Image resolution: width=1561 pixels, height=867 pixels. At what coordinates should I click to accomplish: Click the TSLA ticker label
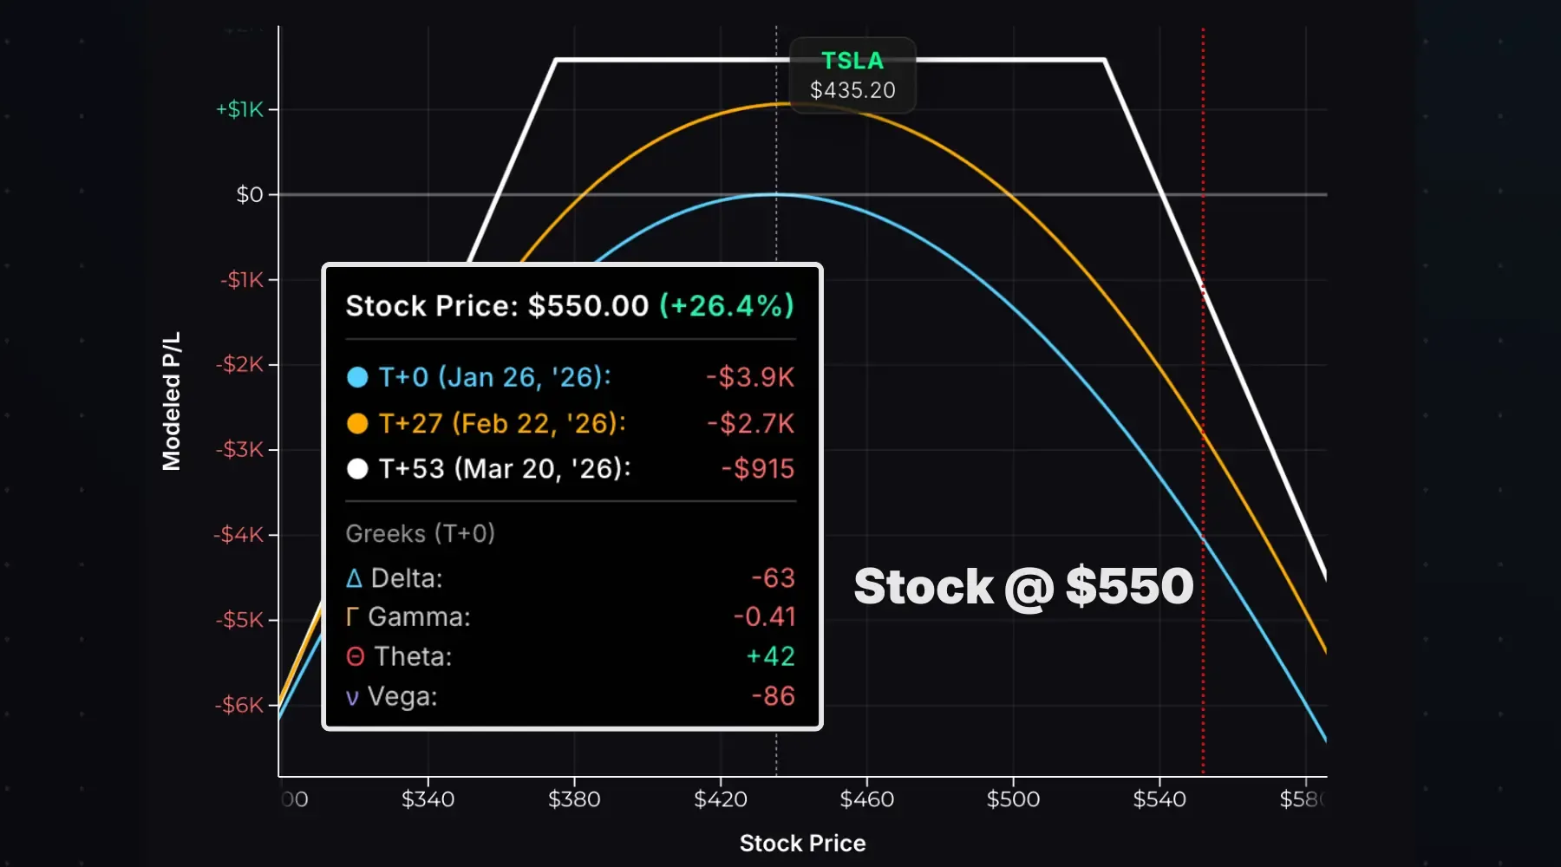852,61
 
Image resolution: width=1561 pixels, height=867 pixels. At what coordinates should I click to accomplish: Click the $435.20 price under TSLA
852,90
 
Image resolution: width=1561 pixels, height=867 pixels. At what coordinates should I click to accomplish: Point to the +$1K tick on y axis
239,109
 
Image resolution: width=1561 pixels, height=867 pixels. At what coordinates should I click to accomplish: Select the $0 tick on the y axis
250,194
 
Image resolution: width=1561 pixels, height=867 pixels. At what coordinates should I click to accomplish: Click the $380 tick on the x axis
574,799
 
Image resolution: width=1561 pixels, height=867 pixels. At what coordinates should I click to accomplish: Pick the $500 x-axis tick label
1013,799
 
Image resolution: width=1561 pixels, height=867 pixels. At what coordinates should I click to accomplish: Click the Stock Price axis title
802,843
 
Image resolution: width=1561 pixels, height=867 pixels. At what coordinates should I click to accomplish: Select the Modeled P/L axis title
172,401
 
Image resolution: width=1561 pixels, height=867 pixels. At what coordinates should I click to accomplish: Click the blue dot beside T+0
357,377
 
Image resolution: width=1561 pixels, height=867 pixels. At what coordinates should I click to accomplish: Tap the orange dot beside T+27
357,423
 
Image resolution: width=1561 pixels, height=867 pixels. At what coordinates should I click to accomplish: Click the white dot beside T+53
357,469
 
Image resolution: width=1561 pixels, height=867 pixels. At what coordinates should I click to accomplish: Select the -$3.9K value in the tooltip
750,377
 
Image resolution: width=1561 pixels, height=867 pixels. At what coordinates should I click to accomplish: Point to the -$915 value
758,469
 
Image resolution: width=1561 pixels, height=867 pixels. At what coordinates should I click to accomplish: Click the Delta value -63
773,578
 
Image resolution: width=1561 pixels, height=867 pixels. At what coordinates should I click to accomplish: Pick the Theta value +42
770,656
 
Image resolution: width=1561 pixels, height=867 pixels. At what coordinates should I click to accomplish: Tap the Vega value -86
773,696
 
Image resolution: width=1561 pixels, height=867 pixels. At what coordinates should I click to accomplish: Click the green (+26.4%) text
727,306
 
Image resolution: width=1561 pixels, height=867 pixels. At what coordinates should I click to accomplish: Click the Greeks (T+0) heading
420,533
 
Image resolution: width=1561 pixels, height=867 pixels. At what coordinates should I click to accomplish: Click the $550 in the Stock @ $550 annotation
1129,586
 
